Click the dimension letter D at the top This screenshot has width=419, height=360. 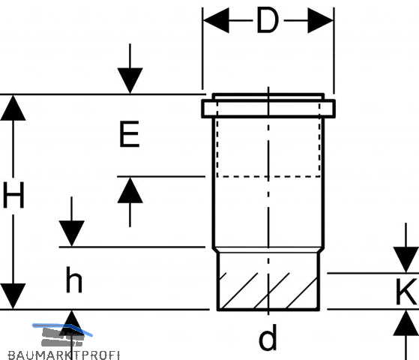pos(268,20)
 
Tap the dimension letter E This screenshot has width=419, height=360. pos(130,134)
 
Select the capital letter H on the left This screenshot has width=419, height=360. pos(13,195)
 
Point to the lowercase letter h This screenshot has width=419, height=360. pos(74,280)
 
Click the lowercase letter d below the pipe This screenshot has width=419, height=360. pos(268,337)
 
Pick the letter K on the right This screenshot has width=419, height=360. pos(407,291)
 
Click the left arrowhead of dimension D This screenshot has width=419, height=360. pos(216,20)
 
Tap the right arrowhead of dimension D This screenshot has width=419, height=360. pos(320,20)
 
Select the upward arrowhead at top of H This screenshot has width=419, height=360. pos(13,108)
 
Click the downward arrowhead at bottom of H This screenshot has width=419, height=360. pos(13,296)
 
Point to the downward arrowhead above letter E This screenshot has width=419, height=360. pos(130,80)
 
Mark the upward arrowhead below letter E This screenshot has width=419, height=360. pos(130,190)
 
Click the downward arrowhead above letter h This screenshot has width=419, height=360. pos(72,233)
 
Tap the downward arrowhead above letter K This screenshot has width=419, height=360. pos(406,259)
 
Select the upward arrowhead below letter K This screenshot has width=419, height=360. pos(406,322)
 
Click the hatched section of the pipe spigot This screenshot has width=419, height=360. pos(268,291)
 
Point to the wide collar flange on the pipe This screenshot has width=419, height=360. pos(268,109)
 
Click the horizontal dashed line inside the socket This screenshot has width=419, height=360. pos(268,176)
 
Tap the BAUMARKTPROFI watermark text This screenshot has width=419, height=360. pos(64,355)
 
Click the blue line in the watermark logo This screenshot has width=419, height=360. pos(62,328)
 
